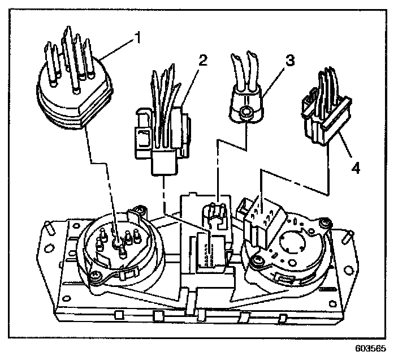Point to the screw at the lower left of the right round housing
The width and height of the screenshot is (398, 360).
pos(257,260)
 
